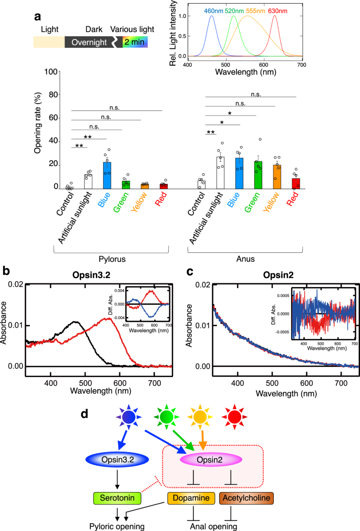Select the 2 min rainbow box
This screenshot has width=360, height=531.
pos(136,42)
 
